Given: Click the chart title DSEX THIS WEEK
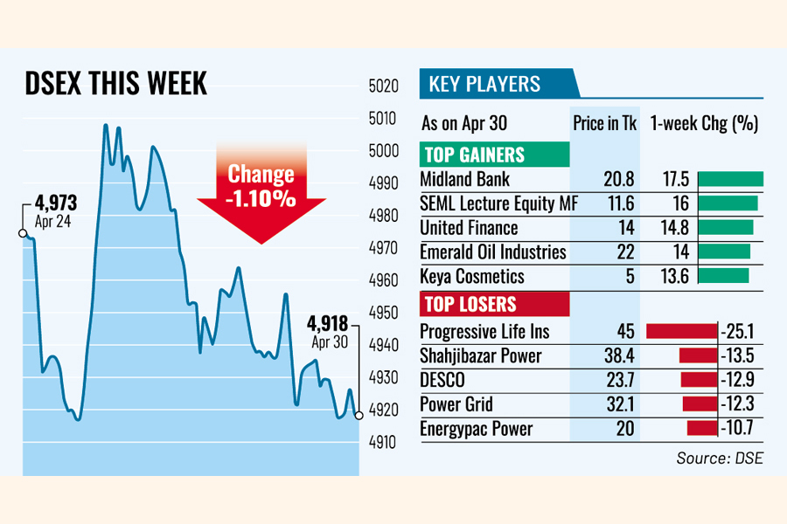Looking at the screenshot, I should coord(115,84).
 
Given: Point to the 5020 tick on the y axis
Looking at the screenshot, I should coord(384,86).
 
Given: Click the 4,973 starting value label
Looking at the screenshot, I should coord(57,203).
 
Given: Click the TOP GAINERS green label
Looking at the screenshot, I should coord(474,155).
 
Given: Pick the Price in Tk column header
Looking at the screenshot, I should coord(605,123).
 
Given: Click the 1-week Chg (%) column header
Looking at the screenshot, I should coord(704,123).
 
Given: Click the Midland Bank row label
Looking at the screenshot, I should coord(464,180).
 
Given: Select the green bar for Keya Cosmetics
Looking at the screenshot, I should coord(723,276).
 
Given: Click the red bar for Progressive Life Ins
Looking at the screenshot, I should coord(681,331).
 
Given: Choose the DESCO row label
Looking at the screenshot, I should coord(442,381).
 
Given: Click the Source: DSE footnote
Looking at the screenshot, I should coord(719,458).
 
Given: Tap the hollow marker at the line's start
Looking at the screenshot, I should coord(22,233).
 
